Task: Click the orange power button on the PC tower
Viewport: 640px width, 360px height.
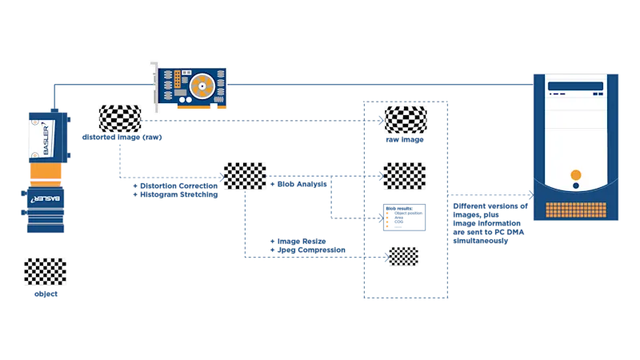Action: click(x=575, y=175)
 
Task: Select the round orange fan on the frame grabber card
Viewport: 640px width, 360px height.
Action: click(x=199, y=82)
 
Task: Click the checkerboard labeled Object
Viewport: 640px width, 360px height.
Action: click(x=45, y=272)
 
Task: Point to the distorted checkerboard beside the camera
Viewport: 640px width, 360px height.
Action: click(x=118, y=118)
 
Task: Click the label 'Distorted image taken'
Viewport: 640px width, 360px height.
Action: click(x=123, y=138)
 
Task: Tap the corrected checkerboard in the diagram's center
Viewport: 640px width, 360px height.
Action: click(x=246, y=176)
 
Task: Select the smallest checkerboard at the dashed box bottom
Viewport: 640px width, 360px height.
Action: click(x=403, y=255)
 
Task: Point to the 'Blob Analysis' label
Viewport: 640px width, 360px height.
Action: click(x=299, y=185)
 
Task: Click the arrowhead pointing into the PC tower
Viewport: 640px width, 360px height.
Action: click(x=529, y=194)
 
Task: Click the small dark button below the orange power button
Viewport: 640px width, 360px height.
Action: click(x=575, y=186)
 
